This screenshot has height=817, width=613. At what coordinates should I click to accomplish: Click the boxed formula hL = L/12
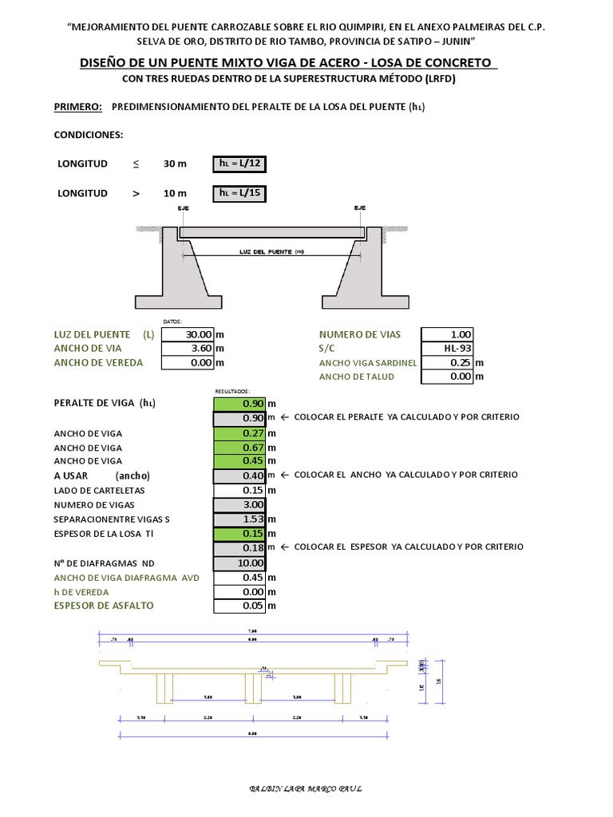click(x=239, y=164)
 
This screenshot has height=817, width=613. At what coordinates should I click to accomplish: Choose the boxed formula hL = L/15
click(x=239, y=193)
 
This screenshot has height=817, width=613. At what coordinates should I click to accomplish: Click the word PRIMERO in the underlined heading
click(x=77, y=106)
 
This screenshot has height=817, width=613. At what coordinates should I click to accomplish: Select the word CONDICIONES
click(x=88, y=135)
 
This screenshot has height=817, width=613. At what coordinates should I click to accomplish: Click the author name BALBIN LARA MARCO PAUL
click(x=306, y=789)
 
